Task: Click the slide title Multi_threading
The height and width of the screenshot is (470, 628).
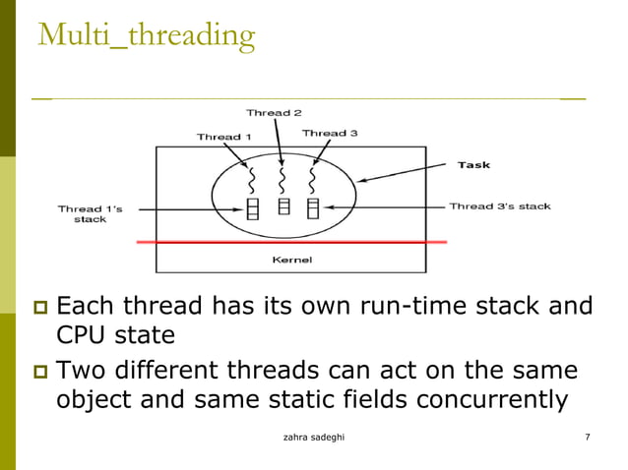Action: (x=146, y=36)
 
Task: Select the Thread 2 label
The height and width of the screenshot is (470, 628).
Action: (x=268, y=113)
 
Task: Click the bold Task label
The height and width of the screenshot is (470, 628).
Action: (x=473, y=165)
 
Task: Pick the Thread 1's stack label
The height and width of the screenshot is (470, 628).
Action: (x=90, y=213)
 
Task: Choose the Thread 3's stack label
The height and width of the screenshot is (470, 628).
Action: (x=499, y=206)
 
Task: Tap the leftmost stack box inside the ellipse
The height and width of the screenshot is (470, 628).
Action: (x=252, y=208)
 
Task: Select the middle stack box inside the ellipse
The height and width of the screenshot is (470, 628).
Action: (x=283, y=206)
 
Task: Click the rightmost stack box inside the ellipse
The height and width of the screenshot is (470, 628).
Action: (x=313, y=208)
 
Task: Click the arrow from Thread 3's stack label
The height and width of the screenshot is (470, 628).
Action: (x=384, y=206)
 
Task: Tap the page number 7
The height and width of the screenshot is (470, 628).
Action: (x=587, y=436)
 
